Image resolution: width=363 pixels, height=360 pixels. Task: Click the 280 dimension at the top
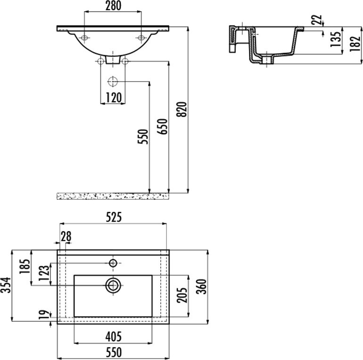113,6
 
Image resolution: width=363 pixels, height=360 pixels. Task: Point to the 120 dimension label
114,98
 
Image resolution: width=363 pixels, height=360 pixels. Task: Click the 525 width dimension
114,217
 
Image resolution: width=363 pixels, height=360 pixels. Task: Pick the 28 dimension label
66,236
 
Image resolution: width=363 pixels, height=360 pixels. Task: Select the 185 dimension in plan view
25,267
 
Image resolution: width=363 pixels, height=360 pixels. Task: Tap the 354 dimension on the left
6,285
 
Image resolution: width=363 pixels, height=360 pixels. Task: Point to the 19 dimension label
44,315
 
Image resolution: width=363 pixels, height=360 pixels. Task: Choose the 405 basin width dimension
114,336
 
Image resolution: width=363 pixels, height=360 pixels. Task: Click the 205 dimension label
181,295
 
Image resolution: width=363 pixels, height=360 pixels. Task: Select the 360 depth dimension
201,286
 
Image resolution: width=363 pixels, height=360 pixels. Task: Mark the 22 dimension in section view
316,20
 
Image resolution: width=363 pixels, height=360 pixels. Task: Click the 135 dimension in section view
336,39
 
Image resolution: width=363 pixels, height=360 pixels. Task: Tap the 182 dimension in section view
355,44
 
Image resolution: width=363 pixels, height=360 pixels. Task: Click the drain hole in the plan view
113,285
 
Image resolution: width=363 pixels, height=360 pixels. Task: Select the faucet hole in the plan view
113,263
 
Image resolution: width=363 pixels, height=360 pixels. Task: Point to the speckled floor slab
113,196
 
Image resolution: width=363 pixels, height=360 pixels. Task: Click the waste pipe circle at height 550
113,82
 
